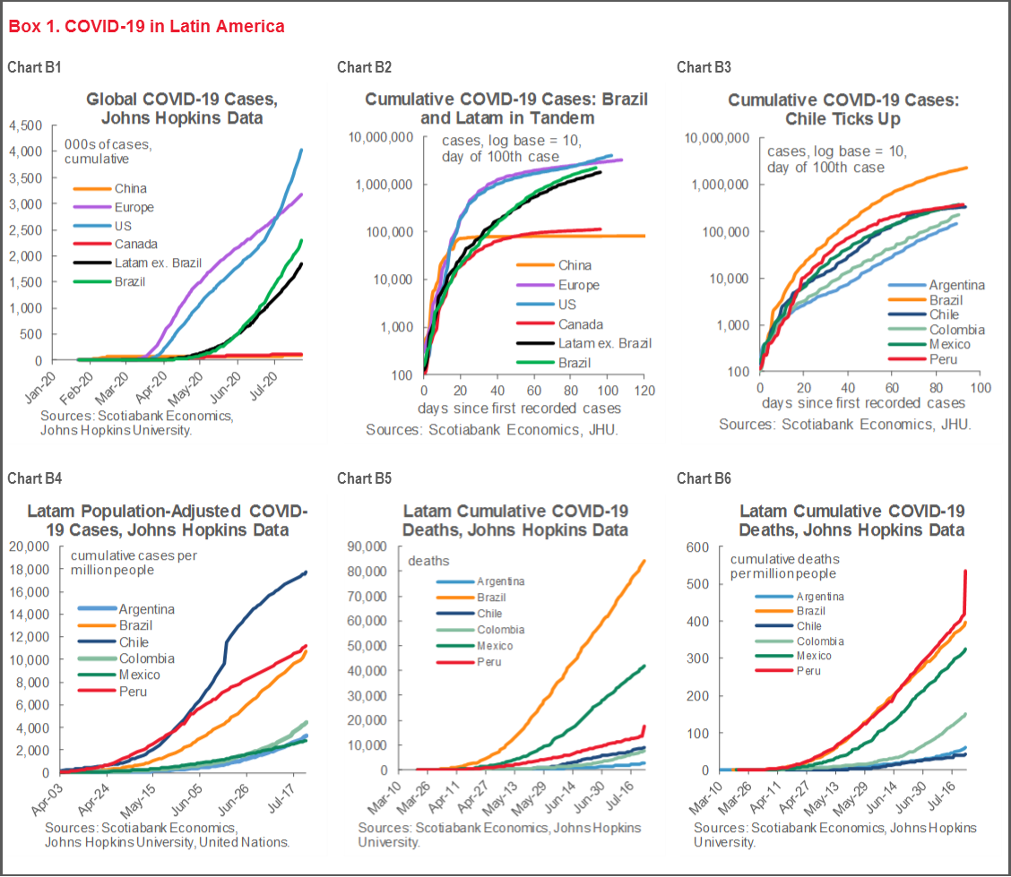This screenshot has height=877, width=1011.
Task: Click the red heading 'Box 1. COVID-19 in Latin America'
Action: click(146, 26)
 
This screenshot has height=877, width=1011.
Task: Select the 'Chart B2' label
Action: click(364, 67)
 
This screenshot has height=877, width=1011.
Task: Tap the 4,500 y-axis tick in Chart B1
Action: click(25, 125)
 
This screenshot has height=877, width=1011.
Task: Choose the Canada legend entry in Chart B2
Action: click(581, 324)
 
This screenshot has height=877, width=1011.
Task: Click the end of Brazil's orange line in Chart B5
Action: click(644, 562)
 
